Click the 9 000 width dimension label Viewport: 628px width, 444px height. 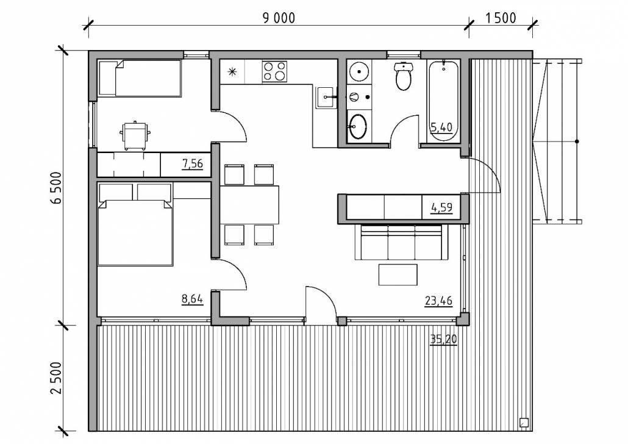[x=279, y=18]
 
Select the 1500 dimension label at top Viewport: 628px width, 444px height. [x=501, y=18]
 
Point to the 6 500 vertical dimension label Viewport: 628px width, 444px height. [x=57, y=187]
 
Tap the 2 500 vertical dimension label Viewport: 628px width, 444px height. [x=57, y=378]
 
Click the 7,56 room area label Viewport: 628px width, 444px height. [x=193, y=163]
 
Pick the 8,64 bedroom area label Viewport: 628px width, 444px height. [x=193, y=299]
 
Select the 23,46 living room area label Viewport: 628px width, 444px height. [x=438, y=301]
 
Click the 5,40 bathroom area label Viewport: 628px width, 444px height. [x=441, y=127]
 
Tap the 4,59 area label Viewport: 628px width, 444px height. [x=442, y=207]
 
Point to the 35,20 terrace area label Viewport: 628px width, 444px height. [x=443, y=340]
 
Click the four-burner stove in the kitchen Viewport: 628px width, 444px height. [x=274, y=71]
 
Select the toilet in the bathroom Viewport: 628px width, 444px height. [x=403, y=76]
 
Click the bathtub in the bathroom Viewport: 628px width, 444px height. [x=444, y=100]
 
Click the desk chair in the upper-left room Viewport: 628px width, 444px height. [x=136, y=135]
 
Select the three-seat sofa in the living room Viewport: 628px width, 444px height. [x=401, y=242]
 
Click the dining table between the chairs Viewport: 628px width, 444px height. [x=249, y=205]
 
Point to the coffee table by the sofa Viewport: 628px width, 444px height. [x=398, y=274]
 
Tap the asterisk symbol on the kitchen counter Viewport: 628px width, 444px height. [x=232, y=72]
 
